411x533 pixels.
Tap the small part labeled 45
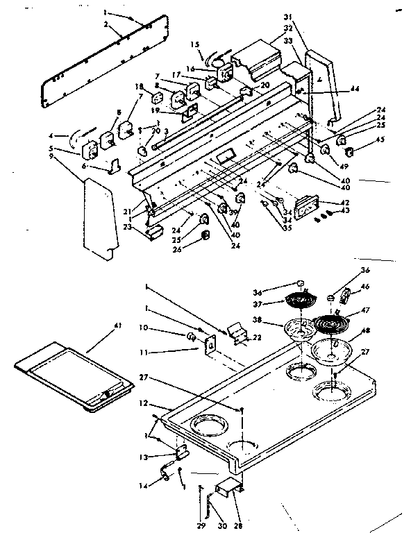[349, 151]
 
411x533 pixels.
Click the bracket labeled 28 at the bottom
[228, 489]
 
